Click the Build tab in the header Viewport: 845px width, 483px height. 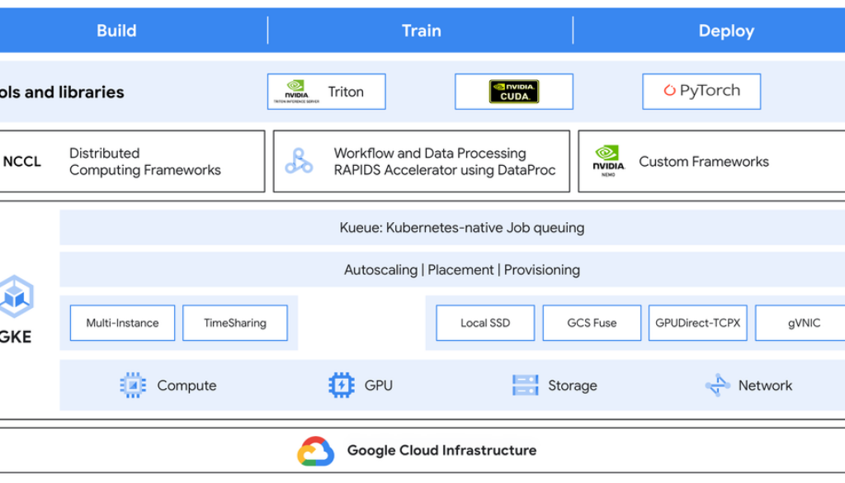tap(116, 31)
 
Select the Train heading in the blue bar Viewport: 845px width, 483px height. tap(421, 31)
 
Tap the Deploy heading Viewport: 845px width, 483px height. tap(725, 31)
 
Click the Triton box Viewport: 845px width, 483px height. tap(326, 92)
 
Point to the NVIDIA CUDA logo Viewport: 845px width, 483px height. tap(513, 92)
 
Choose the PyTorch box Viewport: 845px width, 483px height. tap(701, 92)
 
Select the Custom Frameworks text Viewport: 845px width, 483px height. tap(703, 162)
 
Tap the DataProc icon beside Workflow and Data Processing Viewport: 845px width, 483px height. tap(299, 161)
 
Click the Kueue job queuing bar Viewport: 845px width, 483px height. tap(461, 228)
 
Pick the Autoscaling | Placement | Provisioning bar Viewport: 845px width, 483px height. tap(461, 270)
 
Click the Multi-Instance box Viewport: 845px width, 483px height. tap(122, 323)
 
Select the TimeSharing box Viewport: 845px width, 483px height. tap(234, 323)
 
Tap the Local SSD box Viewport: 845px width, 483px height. tap(485, 323)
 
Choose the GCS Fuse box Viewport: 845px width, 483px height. tap(592, 323)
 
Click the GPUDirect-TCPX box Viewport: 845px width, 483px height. tap(698, 323)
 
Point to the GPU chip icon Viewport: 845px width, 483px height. tap(342, 385)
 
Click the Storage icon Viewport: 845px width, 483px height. tap(525, 385)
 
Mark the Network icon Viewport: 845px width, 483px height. tap(717, 385)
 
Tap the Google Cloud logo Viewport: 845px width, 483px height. tap(315, 451)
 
